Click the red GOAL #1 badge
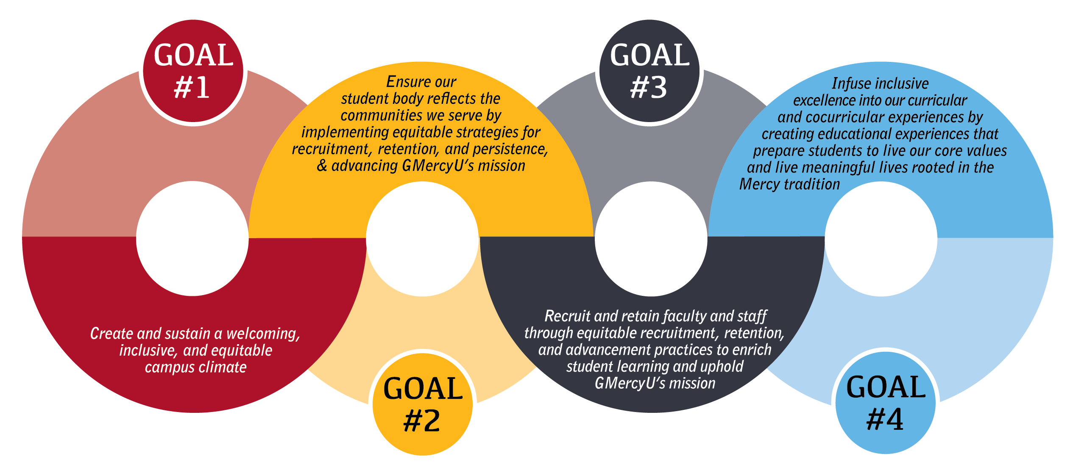pos(193,72)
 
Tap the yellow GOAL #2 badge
pos(423,404)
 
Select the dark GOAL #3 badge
pos(649,72)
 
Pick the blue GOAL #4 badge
pos(886,403)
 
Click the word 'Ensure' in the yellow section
pos(403,82)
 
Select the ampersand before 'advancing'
pos(322,166)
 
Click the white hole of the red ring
pos(192,238)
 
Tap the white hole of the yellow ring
pos(422,239)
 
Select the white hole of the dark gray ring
pos(651,239)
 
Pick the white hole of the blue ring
pos(881,239)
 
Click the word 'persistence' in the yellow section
pos(510,149)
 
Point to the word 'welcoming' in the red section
pos(263,334)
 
